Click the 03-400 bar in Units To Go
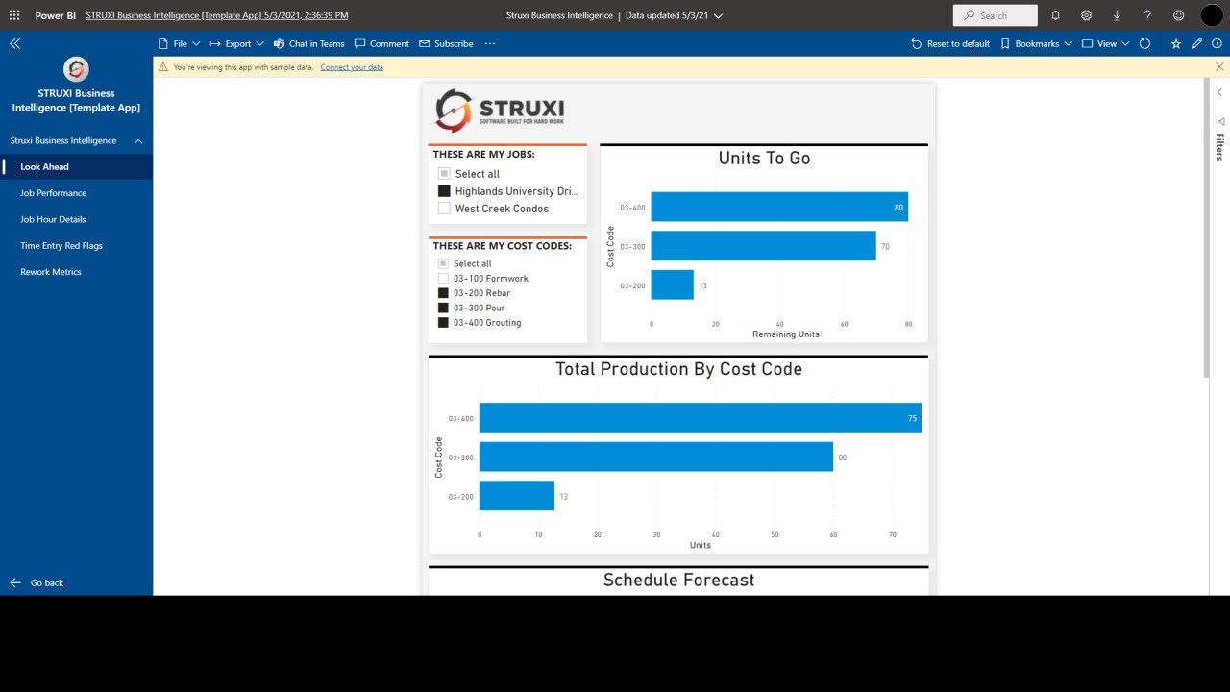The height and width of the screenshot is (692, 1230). point(778,208)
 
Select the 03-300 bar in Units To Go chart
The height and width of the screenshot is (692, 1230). point(763,246)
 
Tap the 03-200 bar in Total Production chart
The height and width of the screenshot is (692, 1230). point(516,496)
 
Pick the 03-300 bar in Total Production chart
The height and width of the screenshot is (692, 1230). point(655,457)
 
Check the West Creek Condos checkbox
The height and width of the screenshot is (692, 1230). point(444,209)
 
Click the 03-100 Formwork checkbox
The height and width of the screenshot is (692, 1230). point(444,279)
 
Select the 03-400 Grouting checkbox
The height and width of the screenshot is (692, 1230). point(444,323)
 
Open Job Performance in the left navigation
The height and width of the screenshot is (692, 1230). point(54,193)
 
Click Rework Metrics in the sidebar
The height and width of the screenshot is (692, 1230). point(51,272)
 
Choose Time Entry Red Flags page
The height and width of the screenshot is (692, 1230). point(61,246)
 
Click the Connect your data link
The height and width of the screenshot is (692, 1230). point(352,67)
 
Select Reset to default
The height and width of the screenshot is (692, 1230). point(950,44)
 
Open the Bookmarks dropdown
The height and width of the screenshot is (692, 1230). point(1036,44)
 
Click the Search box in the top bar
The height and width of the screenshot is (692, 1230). point(996,15)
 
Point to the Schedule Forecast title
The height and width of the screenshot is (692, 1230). point(678,581)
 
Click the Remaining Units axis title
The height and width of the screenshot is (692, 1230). point(786,334)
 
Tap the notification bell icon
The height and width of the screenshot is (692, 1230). point(1055,15)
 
